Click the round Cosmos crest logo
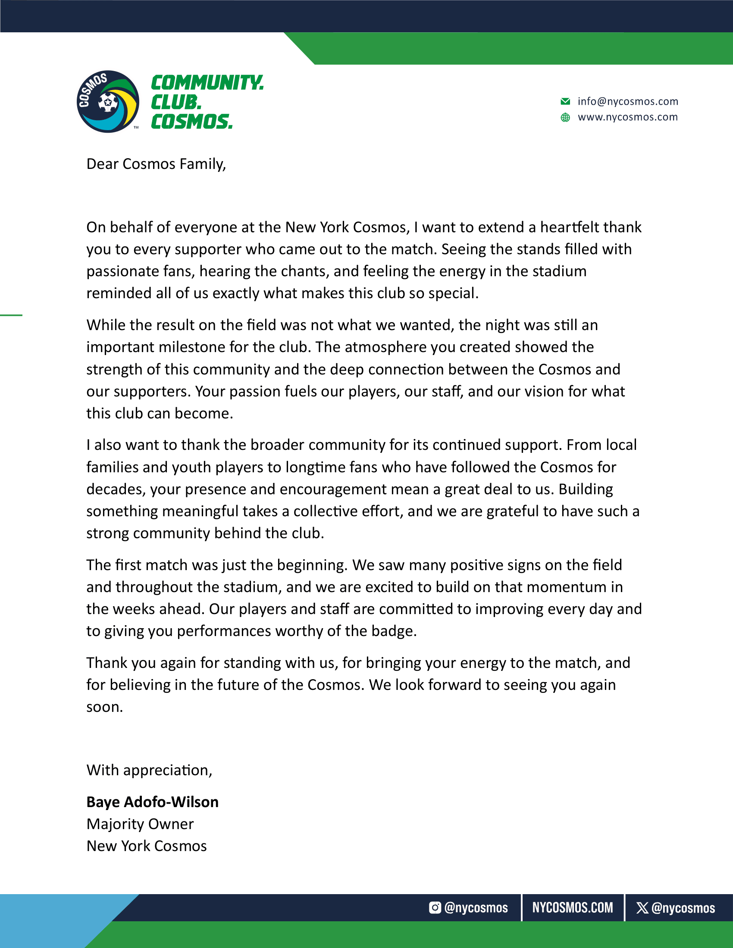pyautogui.click(x=108, y=102)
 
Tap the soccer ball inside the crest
pyautogui.click(x=108, y=103)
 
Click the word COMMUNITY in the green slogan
pyautogui.click(x=207, y=82)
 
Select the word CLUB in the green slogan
pyautogui.click(x=176, y=102)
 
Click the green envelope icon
pyautogui.click(x=565, y=102)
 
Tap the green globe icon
pyautogui.click(x=565, y=117)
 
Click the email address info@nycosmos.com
pyautogui.click(x=627, y=102)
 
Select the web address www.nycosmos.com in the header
pyautogui.click(x=627, y=117)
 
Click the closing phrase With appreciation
pyautogui.click(x=149, y=770)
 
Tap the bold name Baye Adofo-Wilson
pyautogui.click(x=152, y=802)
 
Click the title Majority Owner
pyautogui.click(x=140, y=824)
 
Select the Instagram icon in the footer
pyautogui.click(x=435, y=907)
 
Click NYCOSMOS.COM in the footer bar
pyautogui.click(x=572, y=907)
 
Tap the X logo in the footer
pyautogui.click(x=642, y=907)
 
